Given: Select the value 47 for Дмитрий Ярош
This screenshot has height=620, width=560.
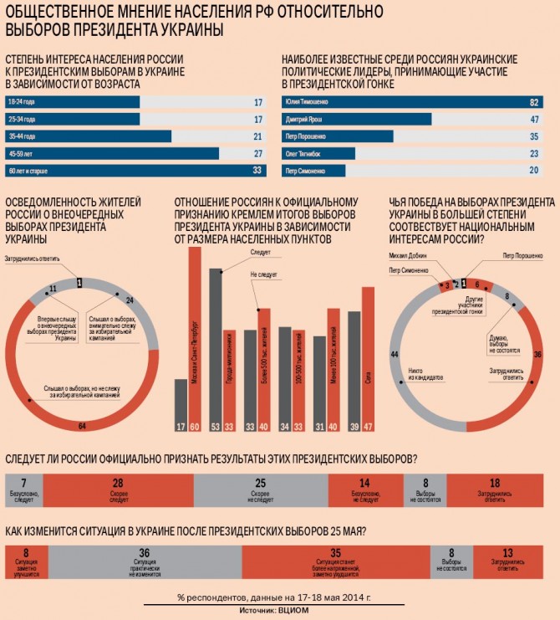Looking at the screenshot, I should click(x=532, y=120).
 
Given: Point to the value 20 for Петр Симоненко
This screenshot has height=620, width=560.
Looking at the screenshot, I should click(x=532, y=171).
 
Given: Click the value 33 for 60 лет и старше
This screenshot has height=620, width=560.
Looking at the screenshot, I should click(x=257, y=171).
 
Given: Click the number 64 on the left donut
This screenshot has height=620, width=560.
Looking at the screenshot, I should click(x=81, y=427).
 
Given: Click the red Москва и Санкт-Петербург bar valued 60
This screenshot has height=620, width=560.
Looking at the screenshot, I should click(x=195, y=335).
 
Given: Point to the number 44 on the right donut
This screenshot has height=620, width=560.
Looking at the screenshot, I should click(x=394, y=355).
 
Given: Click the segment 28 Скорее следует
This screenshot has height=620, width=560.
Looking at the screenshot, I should click(x=118, y=489).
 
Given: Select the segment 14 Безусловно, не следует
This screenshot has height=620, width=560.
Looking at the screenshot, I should click(x=365, y=489).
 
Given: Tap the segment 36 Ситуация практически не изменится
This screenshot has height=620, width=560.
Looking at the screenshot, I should click(x=145, y=559).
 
